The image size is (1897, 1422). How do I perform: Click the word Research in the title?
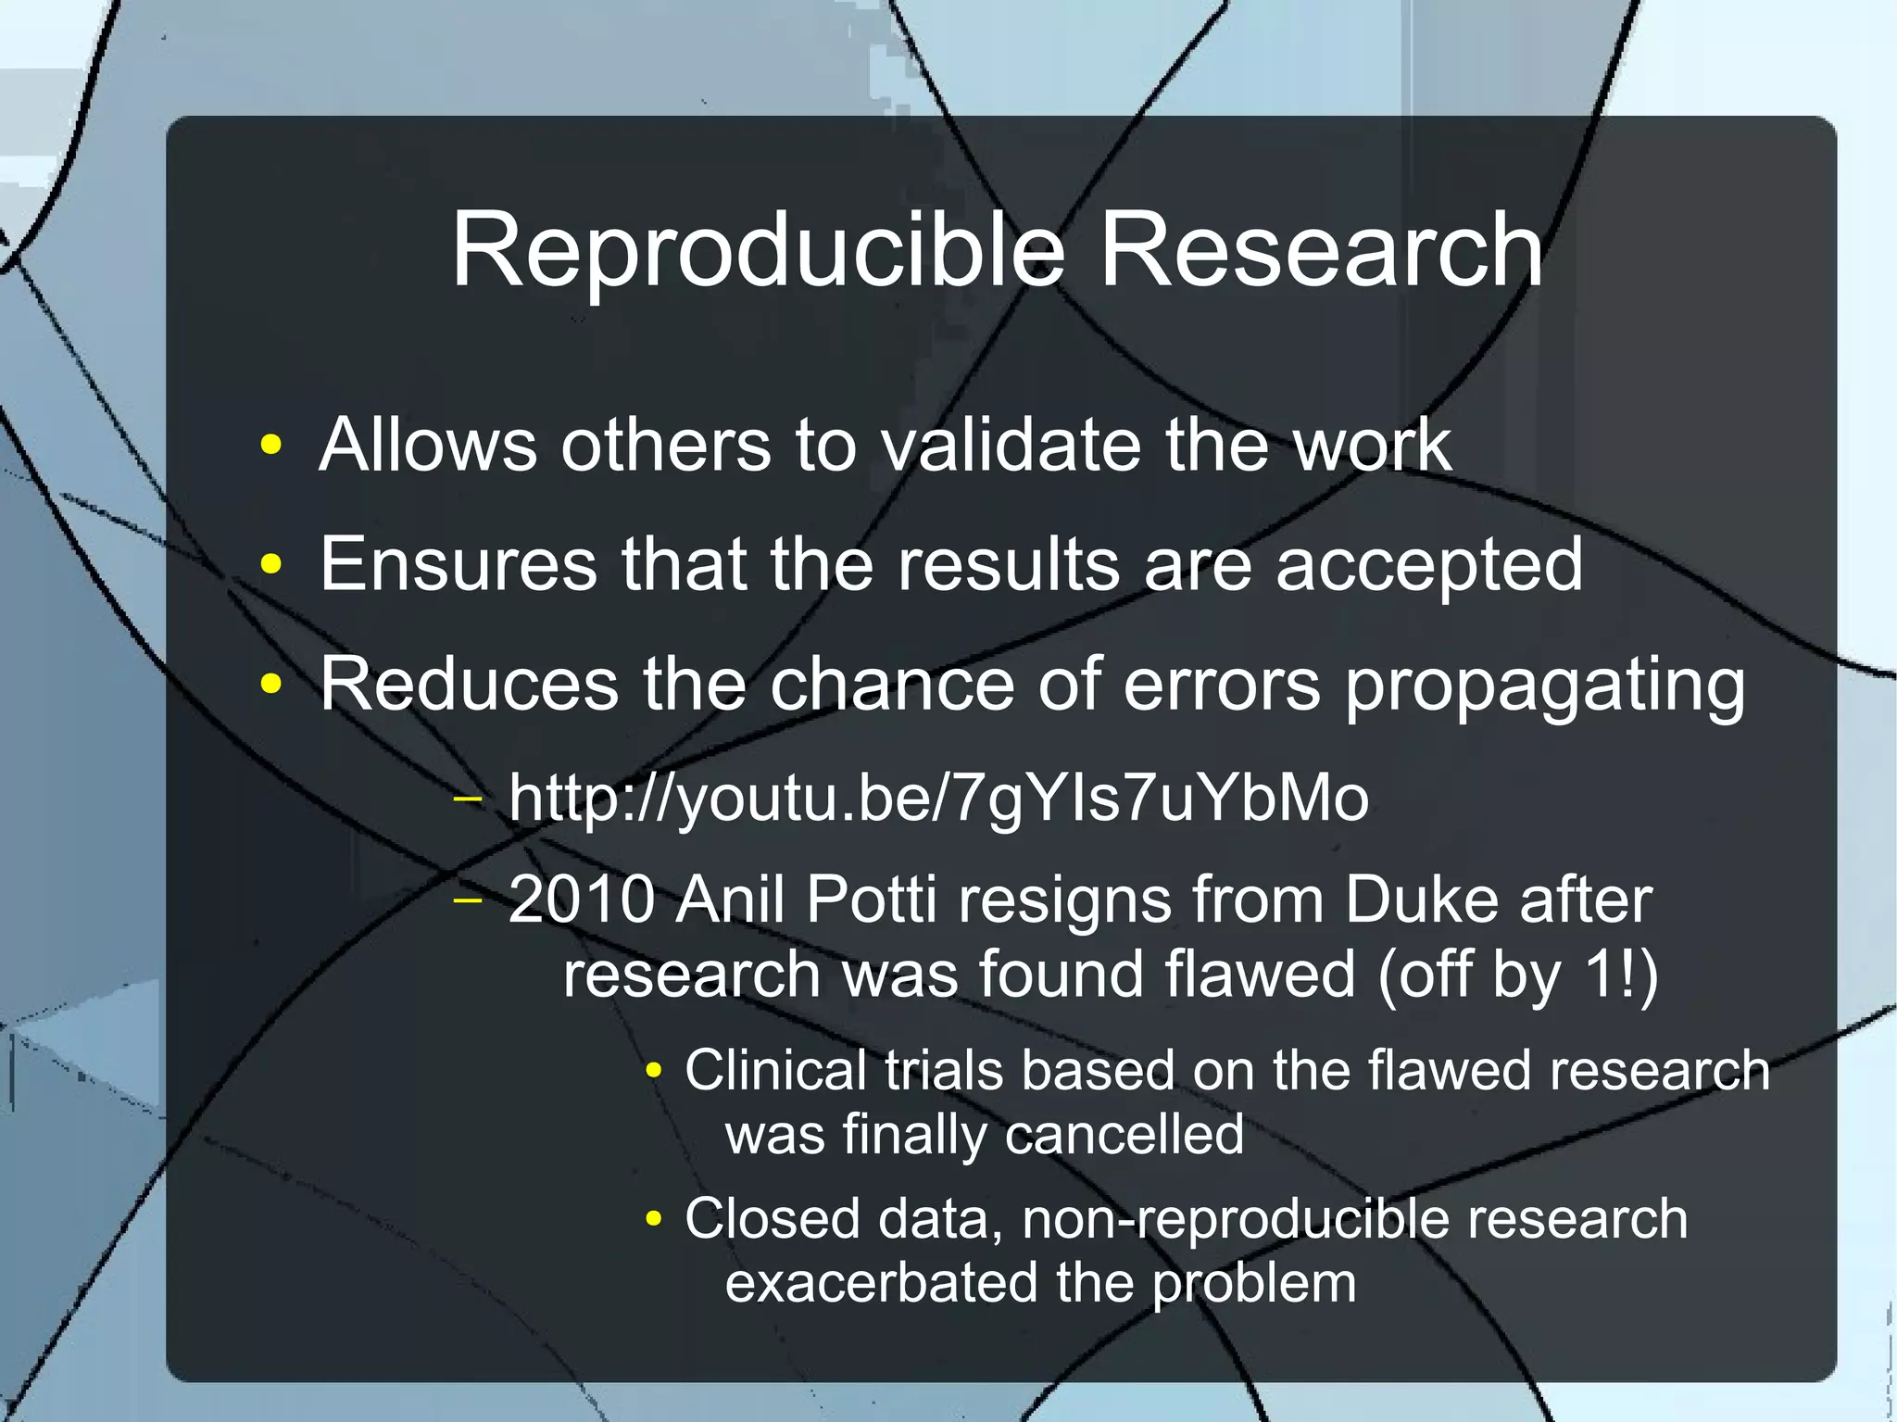click(x=1322, y=250)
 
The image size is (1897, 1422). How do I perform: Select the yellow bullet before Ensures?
click(x=270, y=563)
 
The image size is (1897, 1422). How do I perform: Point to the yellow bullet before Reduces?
click(x=270, y=684)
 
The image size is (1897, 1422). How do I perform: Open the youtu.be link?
click(x=938, y=799)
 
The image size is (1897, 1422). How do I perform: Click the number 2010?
click(x=582, y=900)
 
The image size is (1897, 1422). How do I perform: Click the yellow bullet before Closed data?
click(x=654, y=1219)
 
